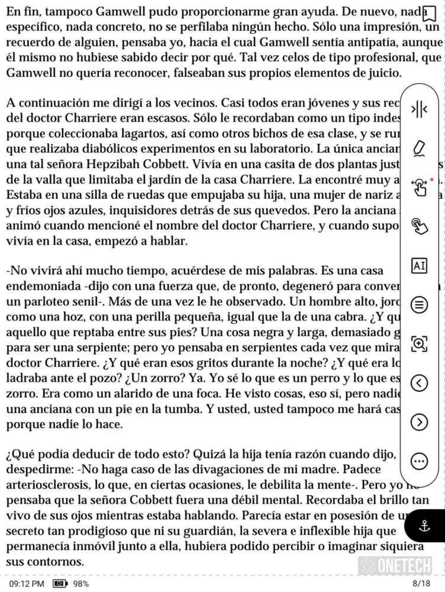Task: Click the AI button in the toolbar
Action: click(419, 266)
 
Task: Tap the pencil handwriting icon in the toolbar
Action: click(419, 148)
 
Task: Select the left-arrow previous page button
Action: click(419, 383)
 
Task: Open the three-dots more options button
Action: click(419, 461)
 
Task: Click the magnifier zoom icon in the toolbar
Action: click(419, 344)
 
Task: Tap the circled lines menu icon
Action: click(419, 305)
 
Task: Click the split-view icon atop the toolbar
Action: click(419, 109)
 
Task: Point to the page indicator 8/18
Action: click(421, 584)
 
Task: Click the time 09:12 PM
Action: click(27, 584)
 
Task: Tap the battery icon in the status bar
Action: click(60, 584)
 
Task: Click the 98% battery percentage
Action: click(81, 584)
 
